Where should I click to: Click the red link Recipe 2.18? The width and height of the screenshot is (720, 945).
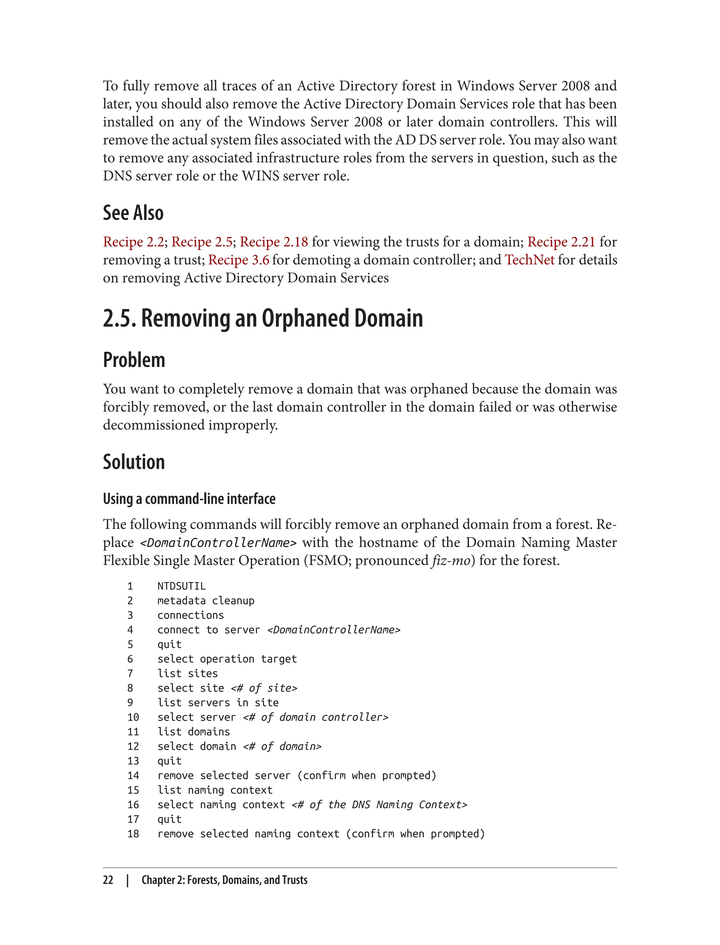tap(274, 242)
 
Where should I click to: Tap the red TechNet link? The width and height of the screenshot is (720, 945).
tap(529, 260)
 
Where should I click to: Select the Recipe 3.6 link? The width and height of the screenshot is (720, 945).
tap(239, 260)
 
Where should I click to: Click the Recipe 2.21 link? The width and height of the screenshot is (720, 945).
tap(561, 242)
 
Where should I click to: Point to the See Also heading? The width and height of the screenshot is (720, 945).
tap(133, 213)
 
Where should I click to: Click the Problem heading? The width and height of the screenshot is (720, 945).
tap(134, 360)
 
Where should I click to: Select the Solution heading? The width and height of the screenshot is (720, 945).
tap(134, 462)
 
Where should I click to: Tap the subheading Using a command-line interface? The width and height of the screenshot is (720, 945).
tap(189, 499)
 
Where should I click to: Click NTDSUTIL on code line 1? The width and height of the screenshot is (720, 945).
tap(181, 586)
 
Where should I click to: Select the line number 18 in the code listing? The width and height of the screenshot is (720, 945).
tap(133, 834)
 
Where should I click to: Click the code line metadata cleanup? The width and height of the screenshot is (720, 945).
tap(206, 601)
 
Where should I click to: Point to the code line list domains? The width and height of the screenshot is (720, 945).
tap(194, 732)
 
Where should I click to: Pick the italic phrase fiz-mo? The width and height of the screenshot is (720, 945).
tap(451, 561)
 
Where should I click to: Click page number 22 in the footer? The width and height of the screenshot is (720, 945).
tap(108, 880)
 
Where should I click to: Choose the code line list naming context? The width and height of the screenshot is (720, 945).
tap(215, 790)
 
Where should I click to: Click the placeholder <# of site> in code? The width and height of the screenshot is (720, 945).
tap(264, 688)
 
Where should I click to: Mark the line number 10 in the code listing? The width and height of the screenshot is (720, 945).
tap(133, 718)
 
